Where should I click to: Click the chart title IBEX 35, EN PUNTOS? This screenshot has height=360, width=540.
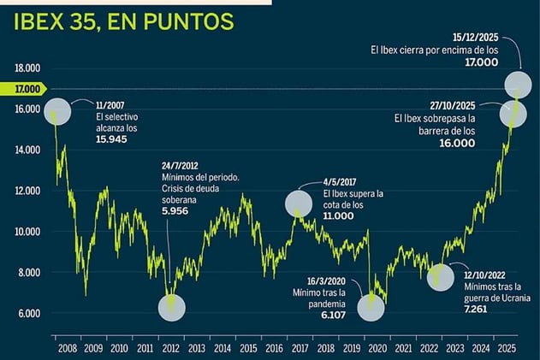tap(124, 22)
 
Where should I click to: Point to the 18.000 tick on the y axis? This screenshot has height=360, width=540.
tap(27, 68)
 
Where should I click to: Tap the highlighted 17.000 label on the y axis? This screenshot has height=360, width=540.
tap(27, 89)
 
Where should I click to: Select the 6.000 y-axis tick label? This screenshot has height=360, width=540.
tap(27, 313)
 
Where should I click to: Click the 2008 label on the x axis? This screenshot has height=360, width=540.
tap(66, 349)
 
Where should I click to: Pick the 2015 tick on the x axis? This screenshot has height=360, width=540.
tap(248, 349)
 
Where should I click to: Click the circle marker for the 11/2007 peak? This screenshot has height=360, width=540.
tap(56, 112)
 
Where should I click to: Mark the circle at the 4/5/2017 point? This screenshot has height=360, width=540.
tap(299, 204)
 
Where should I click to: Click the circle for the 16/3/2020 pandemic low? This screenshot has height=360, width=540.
tap(371, 308)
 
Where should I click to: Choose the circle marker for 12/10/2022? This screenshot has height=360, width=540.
tap(441, 277)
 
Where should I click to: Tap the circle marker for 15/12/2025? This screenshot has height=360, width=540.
tap(517, 85)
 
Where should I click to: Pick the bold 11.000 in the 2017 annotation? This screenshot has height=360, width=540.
tap(339, 215)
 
